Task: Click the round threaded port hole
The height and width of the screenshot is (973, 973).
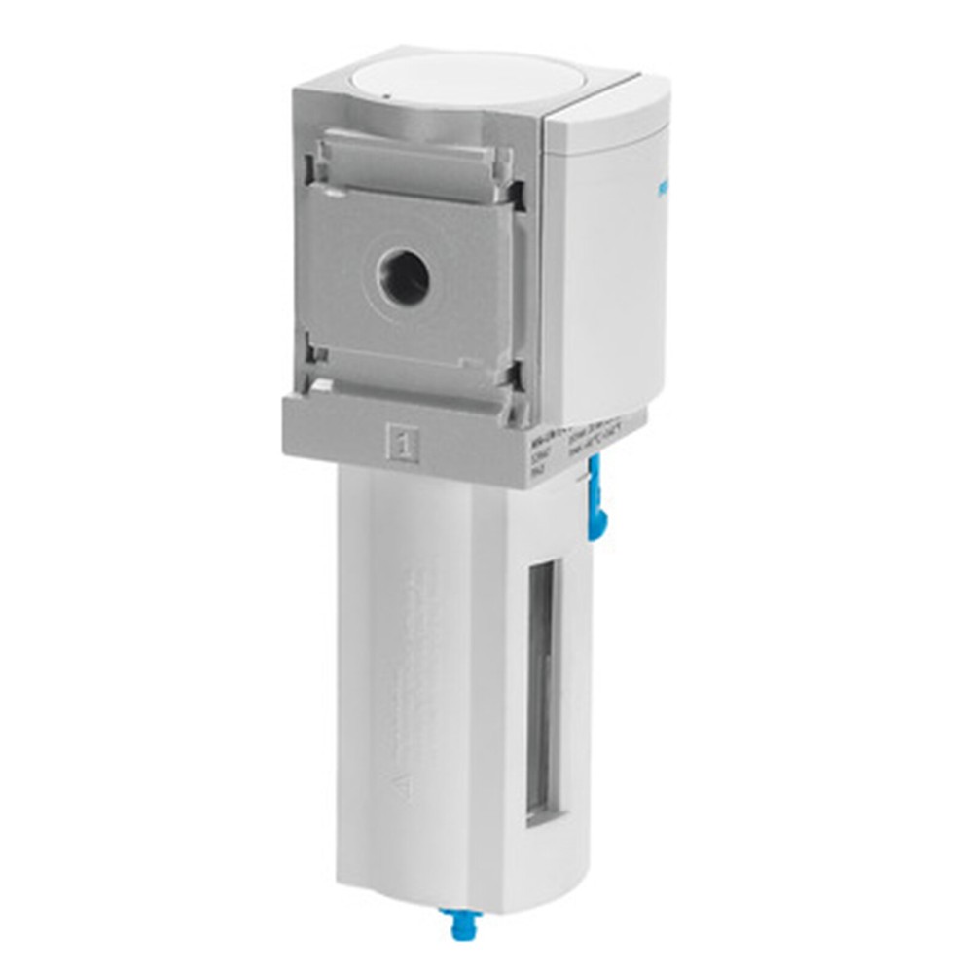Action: pos(405,280)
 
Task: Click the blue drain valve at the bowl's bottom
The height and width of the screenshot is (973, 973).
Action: pos(454,919)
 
